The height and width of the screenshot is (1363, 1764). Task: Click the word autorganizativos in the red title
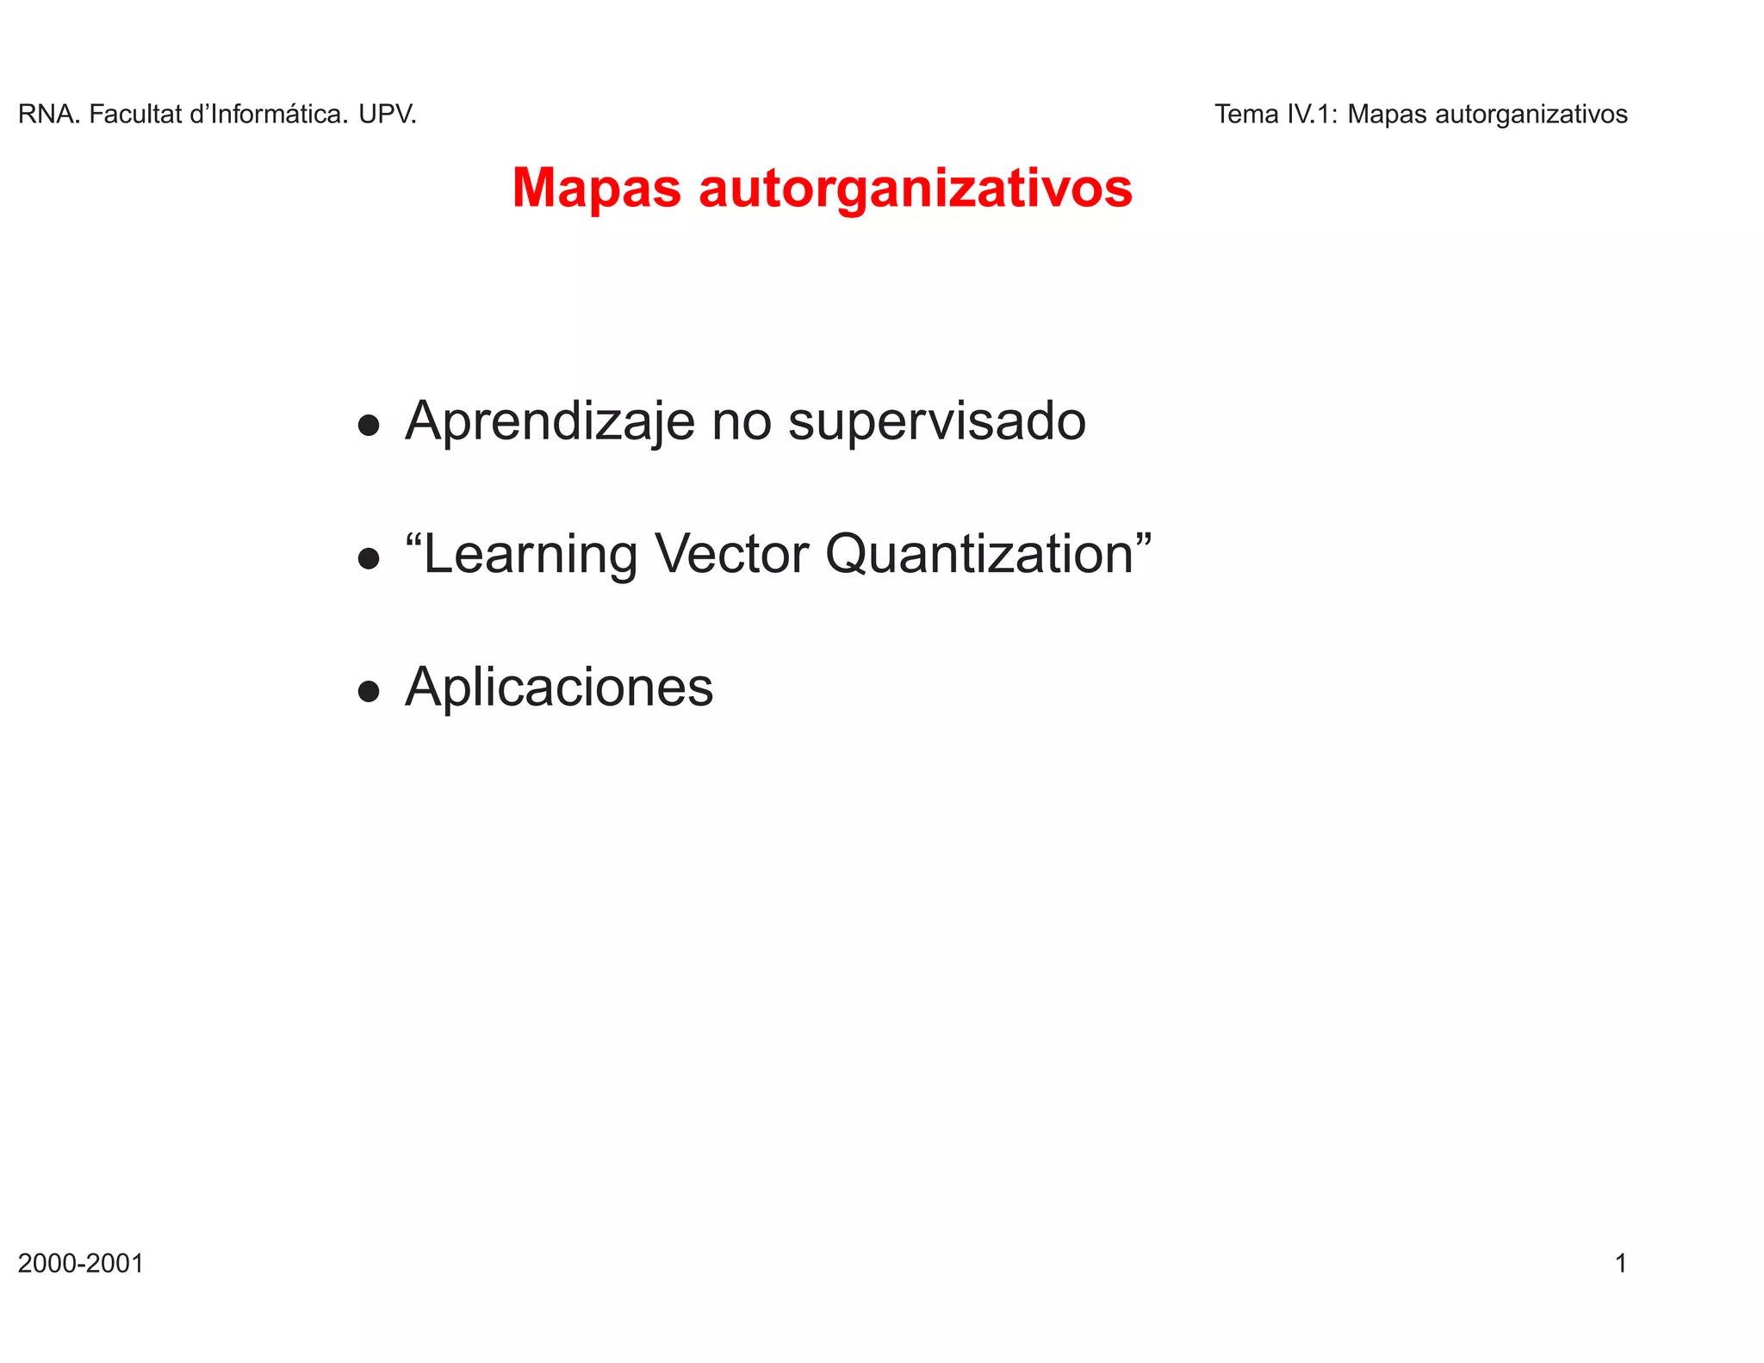pos(916,189)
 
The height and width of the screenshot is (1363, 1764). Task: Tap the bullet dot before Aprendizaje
pos(369,426)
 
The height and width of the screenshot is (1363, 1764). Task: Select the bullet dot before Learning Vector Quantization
pos(369,559)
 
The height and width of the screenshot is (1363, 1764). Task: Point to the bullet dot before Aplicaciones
pos(369,692)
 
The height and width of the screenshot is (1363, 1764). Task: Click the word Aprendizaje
pos(550,422)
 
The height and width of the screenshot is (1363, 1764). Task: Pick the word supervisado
pos(937,422)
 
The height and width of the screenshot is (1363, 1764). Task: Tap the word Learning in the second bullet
pos(530,554)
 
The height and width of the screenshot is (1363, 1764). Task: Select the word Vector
pos(731,554)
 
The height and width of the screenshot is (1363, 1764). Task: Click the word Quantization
pos(979,554)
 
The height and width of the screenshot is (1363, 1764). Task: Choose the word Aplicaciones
pos(559,688)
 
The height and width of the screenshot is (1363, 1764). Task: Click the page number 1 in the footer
pos(1620,1264)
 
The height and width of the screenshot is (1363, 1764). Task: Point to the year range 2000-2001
pos(81,1264)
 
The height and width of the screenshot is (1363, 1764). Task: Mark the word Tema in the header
pos(1246,115)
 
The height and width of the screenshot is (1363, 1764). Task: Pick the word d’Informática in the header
pos(269,115)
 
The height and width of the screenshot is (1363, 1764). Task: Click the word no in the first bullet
pos(741,422)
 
